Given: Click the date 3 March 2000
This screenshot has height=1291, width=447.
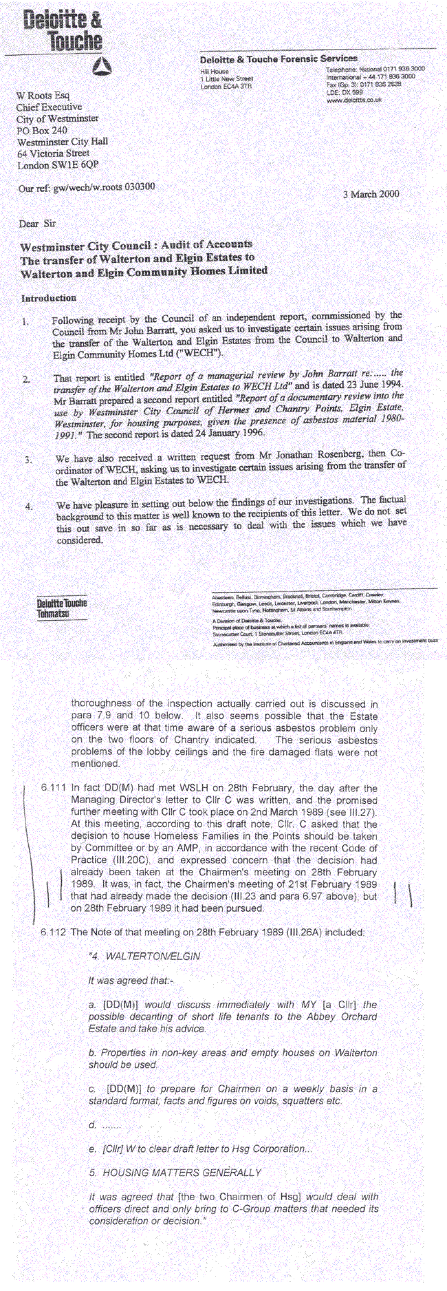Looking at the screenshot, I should pyautogui.click(x=371, y=194).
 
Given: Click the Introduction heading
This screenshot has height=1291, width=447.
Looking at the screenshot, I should pyautogui.click(x=48, y=298).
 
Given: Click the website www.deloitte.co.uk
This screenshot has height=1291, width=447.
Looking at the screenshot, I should pyautogui.click(x=353, y=100).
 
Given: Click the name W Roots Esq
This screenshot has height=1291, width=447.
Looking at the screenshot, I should pyautogui.click(x=43, y=95).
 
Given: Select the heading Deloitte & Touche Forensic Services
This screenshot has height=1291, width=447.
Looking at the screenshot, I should pyautogui.click(x=279, y=58).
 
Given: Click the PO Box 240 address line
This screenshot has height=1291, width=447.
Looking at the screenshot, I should pyautogui.click(x=42, y=130).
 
